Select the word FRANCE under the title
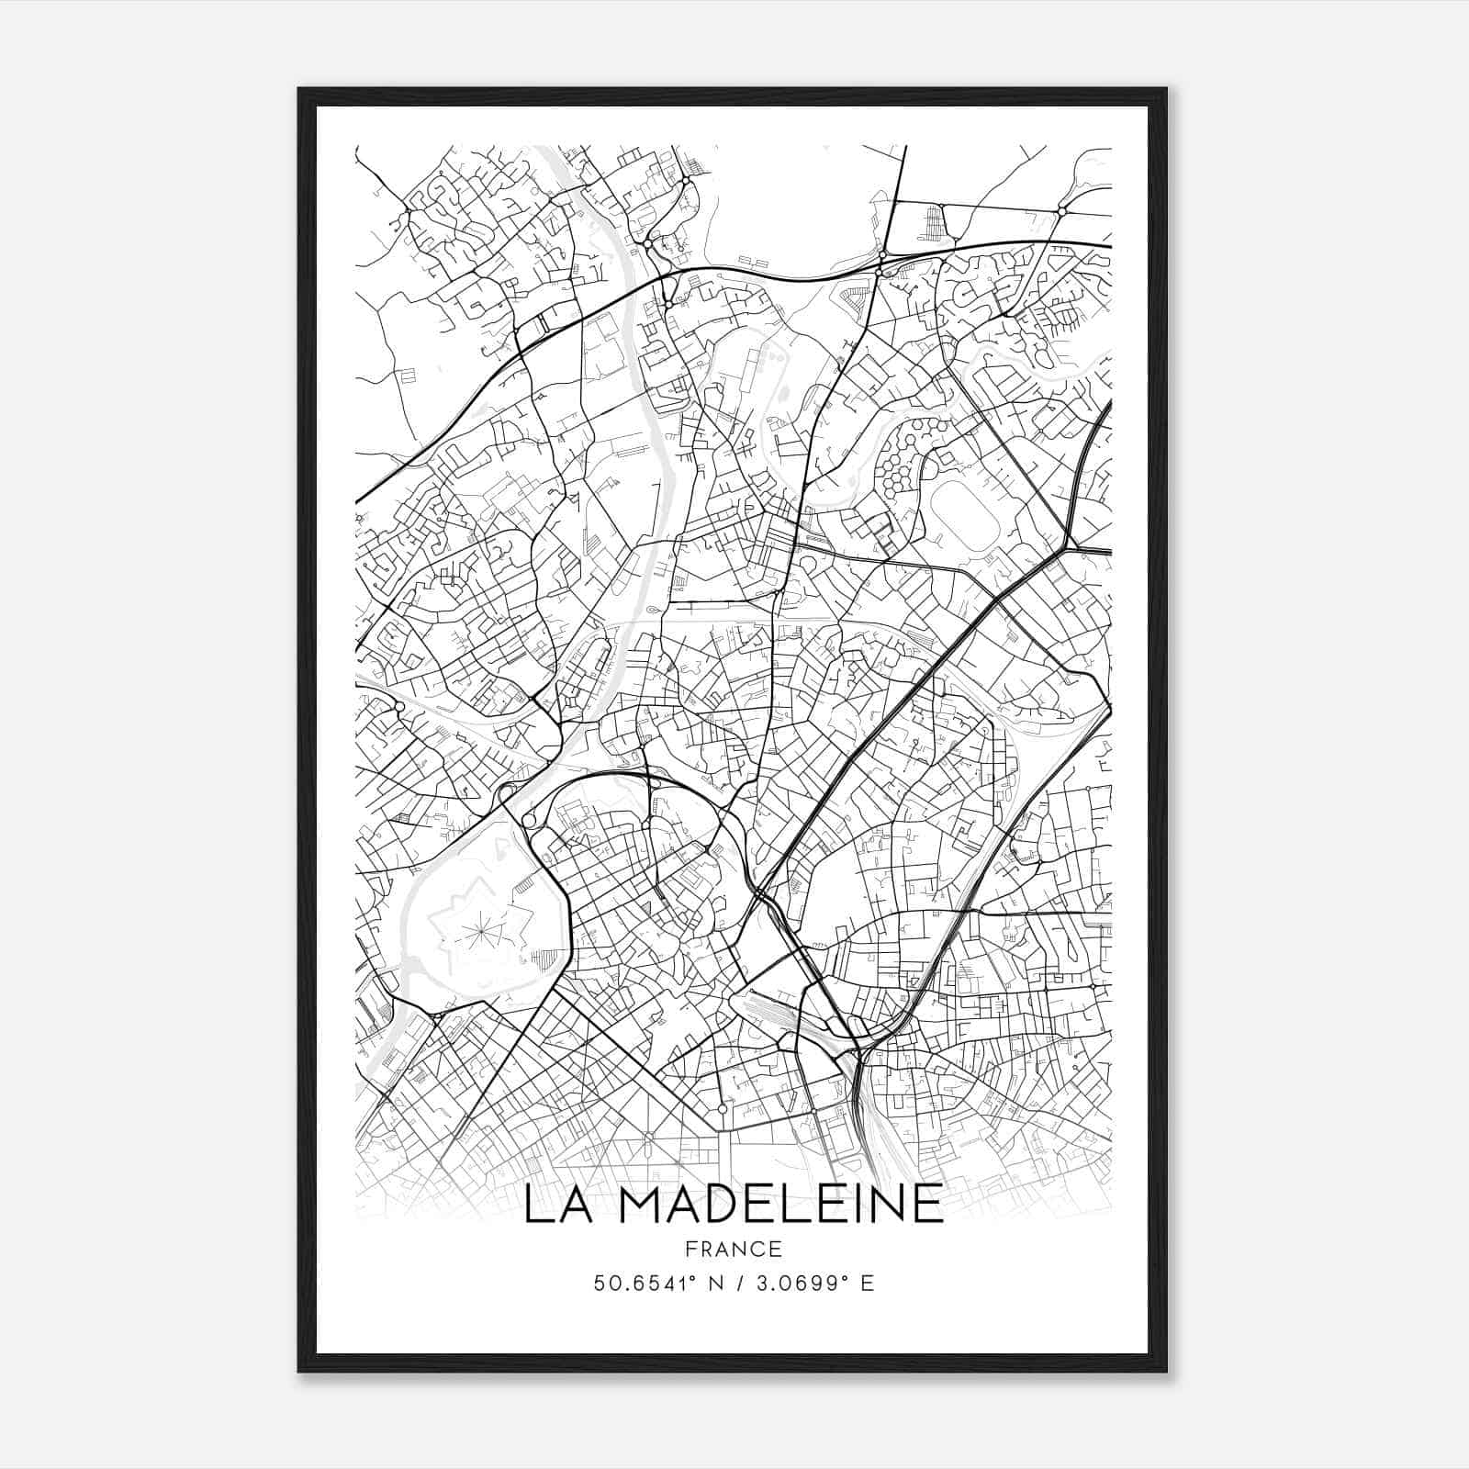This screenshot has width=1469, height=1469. click(734, 1249)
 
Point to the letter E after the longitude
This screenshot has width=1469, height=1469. click(868, 1283)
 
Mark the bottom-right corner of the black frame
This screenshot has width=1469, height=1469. click(1166, 1372)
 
